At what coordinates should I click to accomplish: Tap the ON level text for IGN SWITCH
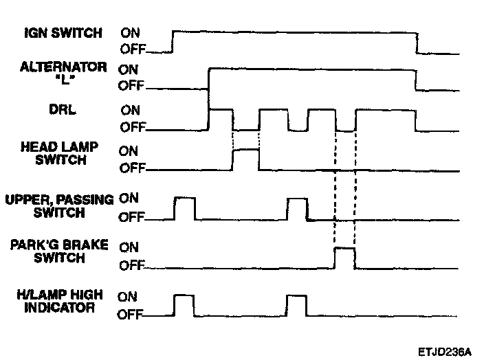tap(131, 32)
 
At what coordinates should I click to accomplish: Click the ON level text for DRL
tap(131, 110)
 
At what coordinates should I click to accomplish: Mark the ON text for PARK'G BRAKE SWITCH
tap(130, 246)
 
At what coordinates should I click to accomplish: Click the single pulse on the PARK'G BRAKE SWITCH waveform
tap(344, 258)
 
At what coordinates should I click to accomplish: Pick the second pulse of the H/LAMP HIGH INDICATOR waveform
tap(296, 304)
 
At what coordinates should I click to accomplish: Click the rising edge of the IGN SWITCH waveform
tap(173, 41)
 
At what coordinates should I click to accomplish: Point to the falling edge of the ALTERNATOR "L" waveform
tap(415, 78)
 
